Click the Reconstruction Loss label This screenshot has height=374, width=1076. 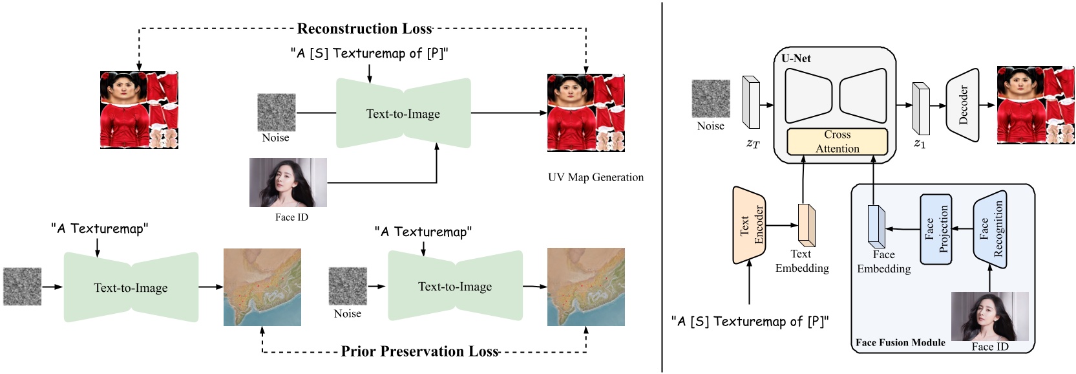364,28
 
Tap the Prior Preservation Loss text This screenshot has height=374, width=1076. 420,351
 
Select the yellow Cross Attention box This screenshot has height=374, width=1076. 837,142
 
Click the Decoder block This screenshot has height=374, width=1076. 962,105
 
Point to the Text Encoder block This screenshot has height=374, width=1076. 750,225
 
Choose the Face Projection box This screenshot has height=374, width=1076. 936,229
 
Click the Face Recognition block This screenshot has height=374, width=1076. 990,228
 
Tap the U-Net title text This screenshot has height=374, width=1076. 796,58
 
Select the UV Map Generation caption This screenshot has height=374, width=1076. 595,177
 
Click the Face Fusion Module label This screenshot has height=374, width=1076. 900,342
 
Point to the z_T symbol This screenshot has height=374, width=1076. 753,144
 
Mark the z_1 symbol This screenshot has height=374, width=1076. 920,144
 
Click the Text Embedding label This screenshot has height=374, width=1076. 802,261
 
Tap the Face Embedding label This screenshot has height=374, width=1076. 883,262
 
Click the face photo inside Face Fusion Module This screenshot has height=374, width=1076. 989,316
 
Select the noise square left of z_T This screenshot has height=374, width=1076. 711,99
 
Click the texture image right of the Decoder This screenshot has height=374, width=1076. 1036,105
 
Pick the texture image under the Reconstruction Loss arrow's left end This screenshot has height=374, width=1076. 139,110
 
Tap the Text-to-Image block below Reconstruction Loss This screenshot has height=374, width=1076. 403,114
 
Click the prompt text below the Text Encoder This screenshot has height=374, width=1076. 750,322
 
